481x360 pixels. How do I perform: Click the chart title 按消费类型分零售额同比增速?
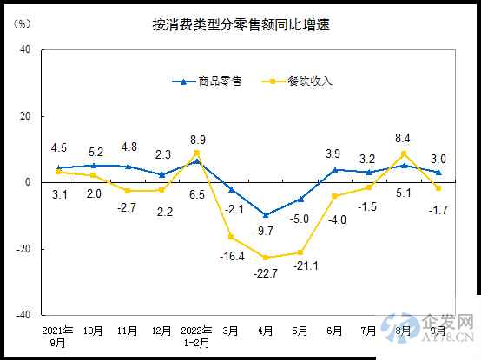(x=240, y=25)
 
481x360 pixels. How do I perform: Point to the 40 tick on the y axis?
(x=25, y=49)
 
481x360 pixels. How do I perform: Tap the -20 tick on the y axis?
(x=23, y=249)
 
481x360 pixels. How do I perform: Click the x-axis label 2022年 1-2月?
(x=196, y=337)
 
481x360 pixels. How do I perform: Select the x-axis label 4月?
(x=266, y=331)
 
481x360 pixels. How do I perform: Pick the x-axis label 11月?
(x=128, y=331)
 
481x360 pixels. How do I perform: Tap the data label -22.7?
(x=266, y=275)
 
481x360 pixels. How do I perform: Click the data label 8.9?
(x=197, y=139)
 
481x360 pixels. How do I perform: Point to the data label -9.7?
(x=266, y=231)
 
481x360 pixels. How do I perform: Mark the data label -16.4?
(x=231, y=256)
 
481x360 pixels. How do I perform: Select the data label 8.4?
(x=404, y=136)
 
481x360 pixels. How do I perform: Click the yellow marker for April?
(x=266, y=258)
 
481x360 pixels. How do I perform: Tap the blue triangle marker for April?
(x=266, y=214)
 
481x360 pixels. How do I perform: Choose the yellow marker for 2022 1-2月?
(x=197, y=153)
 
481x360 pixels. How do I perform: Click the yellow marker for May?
(x=300, y=252)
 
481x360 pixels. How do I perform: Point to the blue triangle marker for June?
(x=335, y=169)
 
